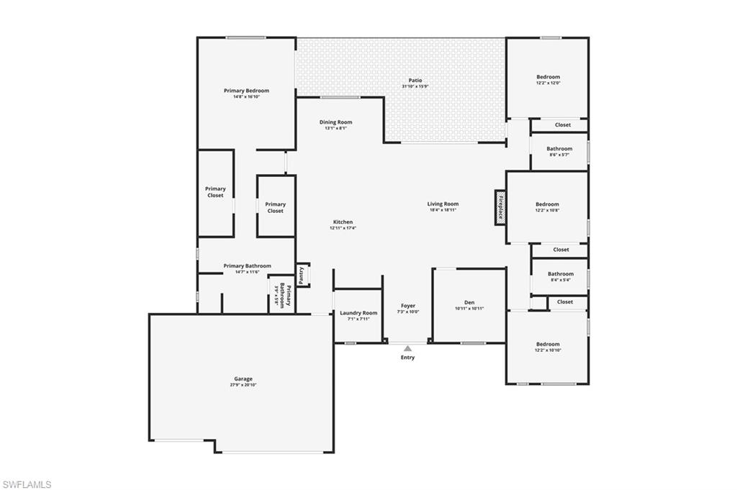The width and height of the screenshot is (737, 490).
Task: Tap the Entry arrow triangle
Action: tap(407, 348)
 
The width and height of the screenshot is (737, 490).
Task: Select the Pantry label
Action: tap(302, 274)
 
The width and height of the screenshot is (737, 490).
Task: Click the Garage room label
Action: tap(243, 378)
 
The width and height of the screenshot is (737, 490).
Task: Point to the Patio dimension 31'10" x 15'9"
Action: tap(415, 86)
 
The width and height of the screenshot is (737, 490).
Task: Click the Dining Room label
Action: tap(336, 122)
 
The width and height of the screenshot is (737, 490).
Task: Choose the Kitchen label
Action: tap(343, 222)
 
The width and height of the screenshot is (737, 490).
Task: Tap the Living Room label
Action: tap(443, 204)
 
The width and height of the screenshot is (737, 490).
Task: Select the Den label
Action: tap(469, 302)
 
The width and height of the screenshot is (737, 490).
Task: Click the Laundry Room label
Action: tap(358, 313)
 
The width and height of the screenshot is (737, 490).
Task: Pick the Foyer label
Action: tap(408, 306)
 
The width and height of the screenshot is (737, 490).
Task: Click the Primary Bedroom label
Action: tap(246, 91)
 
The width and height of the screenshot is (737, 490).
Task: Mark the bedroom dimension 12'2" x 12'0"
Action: tap(548, 83)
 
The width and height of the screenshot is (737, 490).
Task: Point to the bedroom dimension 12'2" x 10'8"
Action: tap(548, 210)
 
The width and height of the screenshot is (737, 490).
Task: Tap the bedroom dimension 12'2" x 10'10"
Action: tap(548, 350)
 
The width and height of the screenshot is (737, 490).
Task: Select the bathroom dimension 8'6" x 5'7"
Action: tap(559, 155)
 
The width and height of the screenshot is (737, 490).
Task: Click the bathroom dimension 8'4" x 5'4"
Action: tap(560, 280)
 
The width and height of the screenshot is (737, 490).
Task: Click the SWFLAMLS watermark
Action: tap(27, 484)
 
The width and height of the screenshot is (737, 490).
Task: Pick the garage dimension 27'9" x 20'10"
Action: tap(243, 385)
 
